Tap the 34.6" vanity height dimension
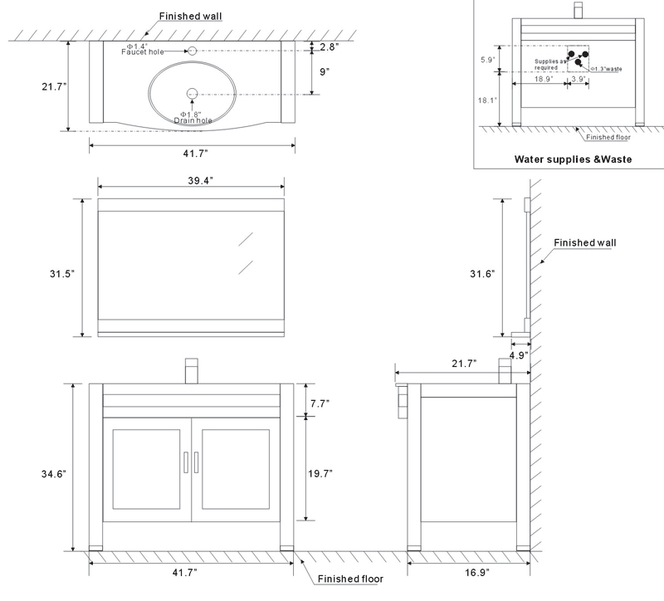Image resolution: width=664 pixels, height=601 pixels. [x=54, y=474]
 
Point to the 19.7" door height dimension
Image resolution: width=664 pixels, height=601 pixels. [x=320, y=474]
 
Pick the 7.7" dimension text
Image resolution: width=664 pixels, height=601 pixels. [x=320, y=403]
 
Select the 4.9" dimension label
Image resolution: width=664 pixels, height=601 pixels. [x=518, y=355]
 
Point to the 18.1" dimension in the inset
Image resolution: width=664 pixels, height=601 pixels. [x=487, y=100]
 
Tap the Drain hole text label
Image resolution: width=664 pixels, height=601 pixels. [x=193, y=120]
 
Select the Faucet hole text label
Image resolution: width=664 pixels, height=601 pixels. [x=145, y=52]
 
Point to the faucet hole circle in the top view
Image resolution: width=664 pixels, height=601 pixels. [x=193, y=51]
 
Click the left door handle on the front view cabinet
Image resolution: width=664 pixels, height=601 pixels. [x=185, y=462]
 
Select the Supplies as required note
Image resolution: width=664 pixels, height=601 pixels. [x=549, y=64]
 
